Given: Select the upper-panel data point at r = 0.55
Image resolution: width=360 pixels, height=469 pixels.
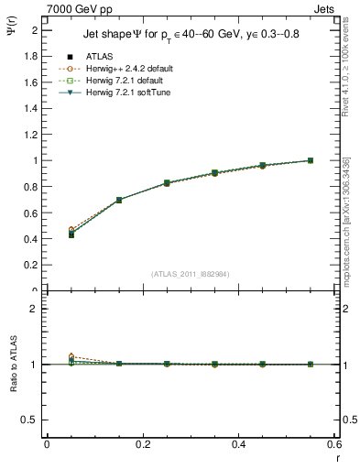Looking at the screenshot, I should coord(310,160).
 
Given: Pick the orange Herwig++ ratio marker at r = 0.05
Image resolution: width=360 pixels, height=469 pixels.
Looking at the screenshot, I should coord(71,356).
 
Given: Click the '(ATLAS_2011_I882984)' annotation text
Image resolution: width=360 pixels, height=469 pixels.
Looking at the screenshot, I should coord(191,274).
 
